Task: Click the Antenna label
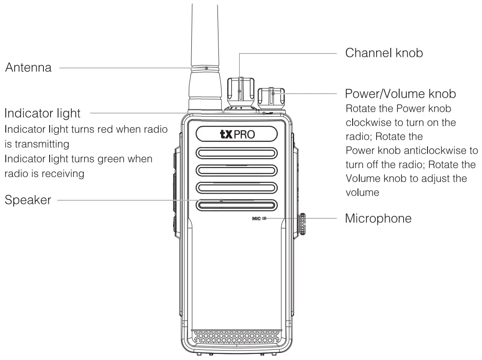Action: pos(28,68)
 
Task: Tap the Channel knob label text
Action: pos(384,53)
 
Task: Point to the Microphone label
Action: pos(378,219)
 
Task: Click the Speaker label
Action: pos(27,200)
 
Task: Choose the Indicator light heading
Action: pos(43,113)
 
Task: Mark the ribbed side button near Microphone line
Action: pos(303,224)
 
